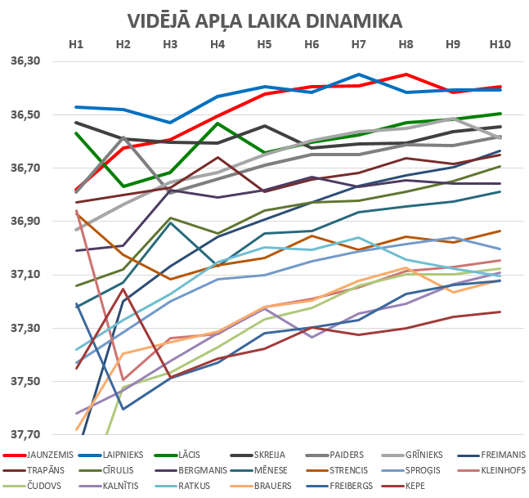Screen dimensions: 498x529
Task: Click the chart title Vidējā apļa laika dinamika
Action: (x=265, y=20)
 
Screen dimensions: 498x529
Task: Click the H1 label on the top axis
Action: (x=76, y=44)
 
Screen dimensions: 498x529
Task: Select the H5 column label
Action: (x=265, y=44)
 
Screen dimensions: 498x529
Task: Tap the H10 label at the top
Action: (x=499, y=44)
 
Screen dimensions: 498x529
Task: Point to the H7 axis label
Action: (x=358, y=44)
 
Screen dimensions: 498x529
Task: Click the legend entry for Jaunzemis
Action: (x=49, y=455)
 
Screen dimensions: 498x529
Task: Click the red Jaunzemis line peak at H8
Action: (x=406, y=74)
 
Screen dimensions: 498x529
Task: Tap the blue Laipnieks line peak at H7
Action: (x=358, y=74)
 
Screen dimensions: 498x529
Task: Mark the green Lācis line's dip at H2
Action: (x=123, y=186)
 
